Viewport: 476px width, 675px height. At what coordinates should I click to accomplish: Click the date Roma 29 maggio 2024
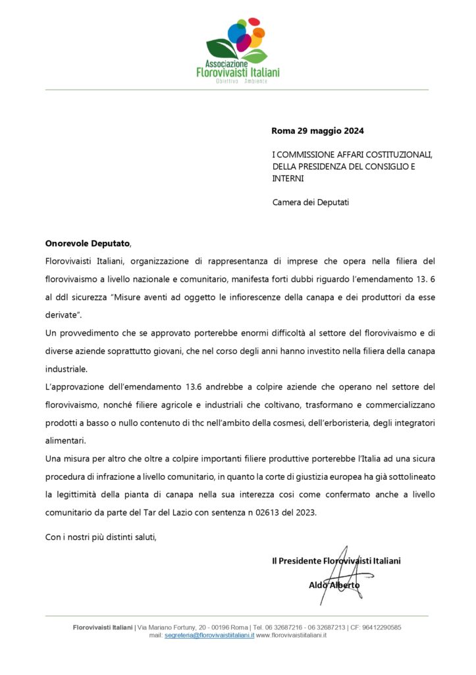pos(317,131)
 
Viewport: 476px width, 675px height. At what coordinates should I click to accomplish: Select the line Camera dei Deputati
pos(311,202)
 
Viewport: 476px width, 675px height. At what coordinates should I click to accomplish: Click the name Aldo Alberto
pos(334,585)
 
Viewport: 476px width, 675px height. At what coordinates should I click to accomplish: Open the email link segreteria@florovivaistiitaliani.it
pos(209,635)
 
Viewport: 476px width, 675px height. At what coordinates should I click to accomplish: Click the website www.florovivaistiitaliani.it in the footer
pos(291,635)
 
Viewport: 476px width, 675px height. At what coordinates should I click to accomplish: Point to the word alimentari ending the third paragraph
pos(65,439)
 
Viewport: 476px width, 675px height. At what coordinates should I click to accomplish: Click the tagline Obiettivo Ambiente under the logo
pos(238,81)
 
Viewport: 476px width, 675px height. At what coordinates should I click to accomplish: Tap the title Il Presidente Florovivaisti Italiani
pos(336,561)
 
